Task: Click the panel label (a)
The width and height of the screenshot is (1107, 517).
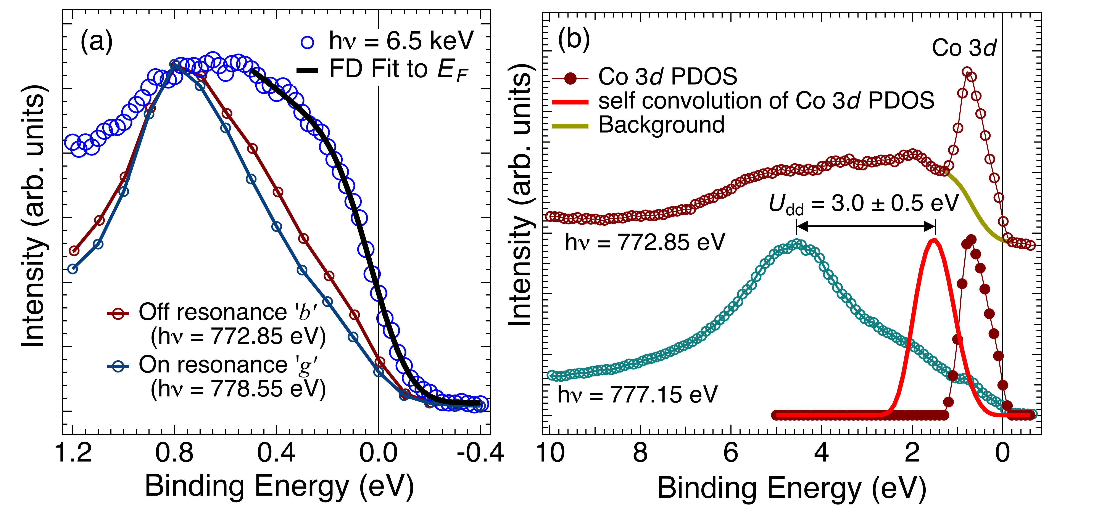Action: click(96, 42)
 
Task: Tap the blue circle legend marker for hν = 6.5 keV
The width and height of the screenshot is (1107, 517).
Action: click(308, 42)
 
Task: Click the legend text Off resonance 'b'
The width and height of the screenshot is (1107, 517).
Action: click(228, 312)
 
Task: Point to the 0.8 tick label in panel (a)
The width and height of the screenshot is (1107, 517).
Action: click(174, 453)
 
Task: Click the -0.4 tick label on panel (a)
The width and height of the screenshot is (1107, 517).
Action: click(480, 453)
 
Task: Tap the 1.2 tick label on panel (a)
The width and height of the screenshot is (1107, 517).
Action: click(74, 453)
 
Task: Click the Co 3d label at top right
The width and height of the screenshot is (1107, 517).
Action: click(964, 48)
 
